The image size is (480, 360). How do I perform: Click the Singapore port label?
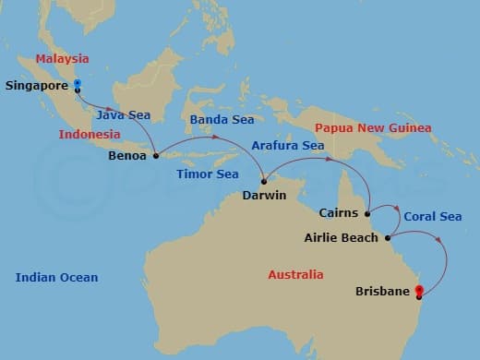coord(37,87)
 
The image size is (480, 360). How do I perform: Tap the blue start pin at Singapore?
coord(77,85)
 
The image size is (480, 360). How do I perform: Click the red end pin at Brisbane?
coord(419,292)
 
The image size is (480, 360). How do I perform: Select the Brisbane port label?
coord(383,292)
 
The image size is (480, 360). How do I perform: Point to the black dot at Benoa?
coord(155,155)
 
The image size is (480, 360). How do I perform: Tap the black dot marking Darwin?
coord(263,180)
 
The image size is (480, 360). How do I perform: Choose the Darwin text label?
coord(263,196)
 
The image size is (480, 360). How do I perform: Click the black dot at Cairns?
coord(368,212)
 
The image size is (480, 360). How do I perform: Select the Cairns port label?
coord(339,213)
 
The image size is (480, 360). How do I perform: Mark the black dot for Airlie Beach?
coord(388,237)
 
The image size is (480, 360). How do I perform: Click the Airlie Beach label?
coord(341,238)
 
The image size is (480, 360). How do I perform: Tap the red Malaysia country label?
coord(62,59)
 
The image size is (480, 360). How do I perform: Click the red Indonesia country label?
coord(89,134)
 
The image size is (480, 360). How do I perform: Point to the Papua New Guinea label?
coord(372,127)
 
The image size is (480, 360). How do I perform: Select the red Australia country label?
coord(295,275)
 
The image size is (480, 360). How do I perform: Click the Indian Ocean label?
coord(56,277)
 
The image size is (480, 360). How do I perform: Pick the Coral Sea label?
coord(432,217)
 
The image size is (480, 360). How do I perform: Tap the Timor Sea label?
coord(208,174)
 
